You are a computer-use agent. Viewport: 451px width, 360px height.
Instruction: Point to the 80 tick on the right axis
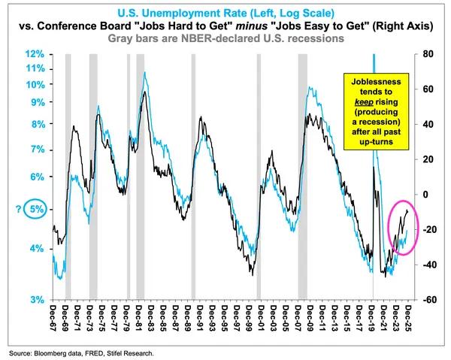pos(428,54)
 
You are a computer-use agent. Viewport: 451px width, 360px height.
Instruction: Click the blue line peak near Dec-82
pos(144,73)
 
